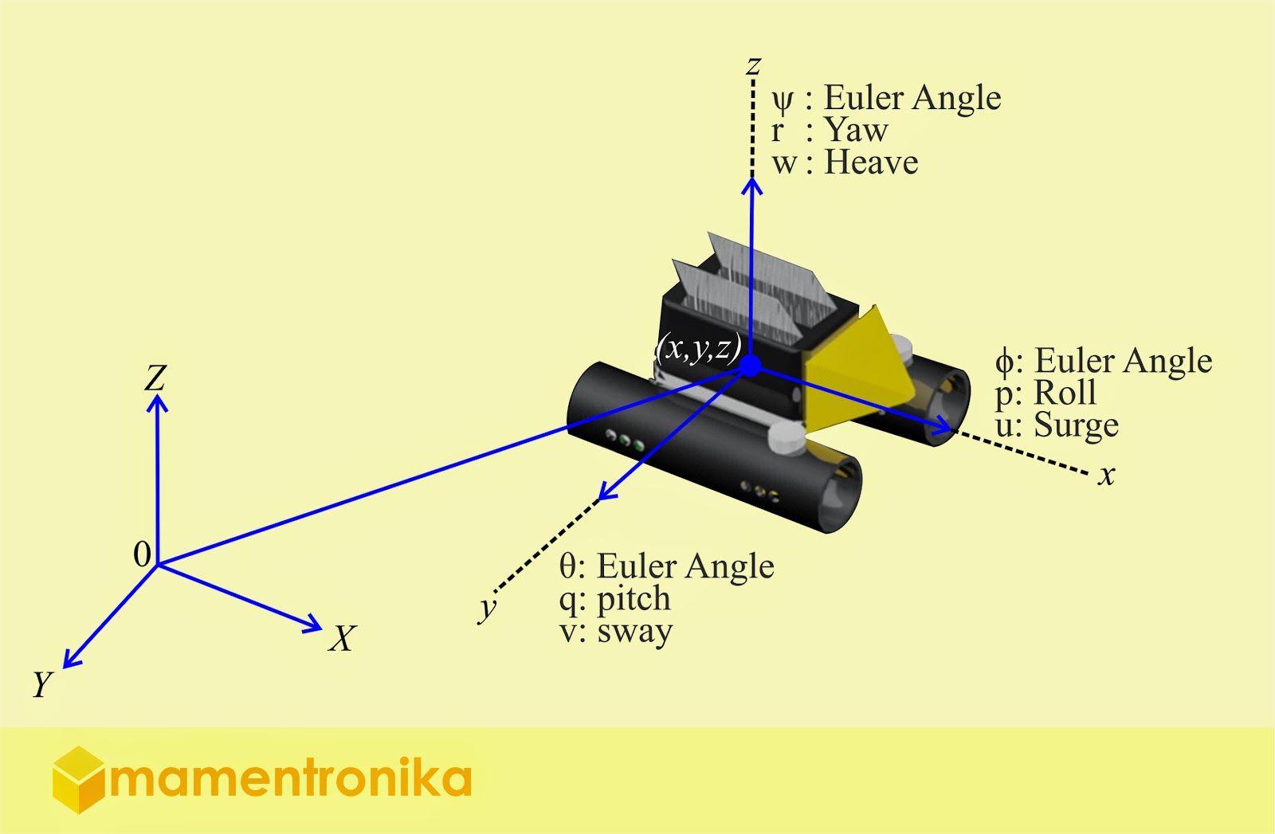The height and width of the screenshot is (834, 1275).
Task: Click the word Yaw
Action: click(856, 131)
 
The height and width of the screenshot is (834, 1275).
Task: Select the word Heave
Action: click(871, 163)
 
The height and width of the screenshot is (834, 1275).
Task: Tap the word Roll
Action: click(1065, 393)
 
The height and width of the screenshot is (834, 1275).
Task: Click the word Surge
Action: click(1076, 426)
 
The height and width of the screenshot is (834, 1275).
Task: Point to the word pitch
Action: click(634, 600)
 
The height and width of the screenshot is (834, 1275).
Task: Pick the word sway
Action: click(634, 632)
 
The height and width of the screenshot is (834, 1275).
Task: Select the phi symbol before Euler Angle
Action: click(1004, 362)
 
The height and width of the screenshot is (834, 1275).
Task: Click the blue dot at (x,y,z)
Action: click(750, 366)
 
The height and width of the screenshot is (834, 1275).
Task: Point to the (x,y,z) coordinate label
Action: click(698, 348)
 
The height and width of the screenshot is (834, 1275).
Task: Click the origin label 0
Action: click(143, 554)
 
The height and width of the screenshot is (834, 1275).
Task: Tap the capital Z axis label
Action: click(155, 378)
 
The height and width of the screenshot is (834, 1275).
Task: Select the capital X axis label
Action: click(342, 639)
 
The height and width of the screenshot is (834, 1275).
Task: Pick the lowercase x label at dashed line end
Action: click(1106, 476)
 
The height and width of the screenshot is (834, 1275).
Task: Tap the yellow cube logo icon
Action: click(78, 780)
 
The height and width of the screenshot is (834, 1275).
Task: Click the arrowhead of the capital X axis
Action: click(312, 625)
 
